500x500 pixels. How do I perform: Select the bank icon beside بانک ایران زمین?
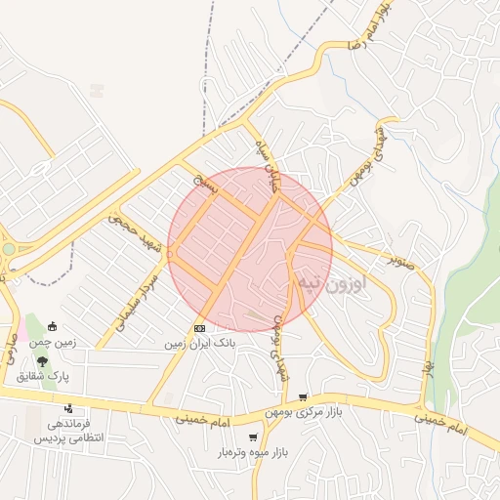click(199, 328)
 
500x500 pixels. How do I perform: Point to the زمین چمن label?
click(51, 344)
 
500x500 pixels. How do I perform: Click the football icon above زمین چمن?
click(52, 327)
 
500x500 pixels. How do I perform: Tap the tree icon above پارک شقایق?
click(41, 361)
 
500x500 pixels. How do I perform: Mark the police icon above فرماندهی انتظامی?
click(68, 409)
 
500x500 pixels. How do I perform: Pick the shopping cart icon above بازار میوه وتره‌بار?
click(254, 437)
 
